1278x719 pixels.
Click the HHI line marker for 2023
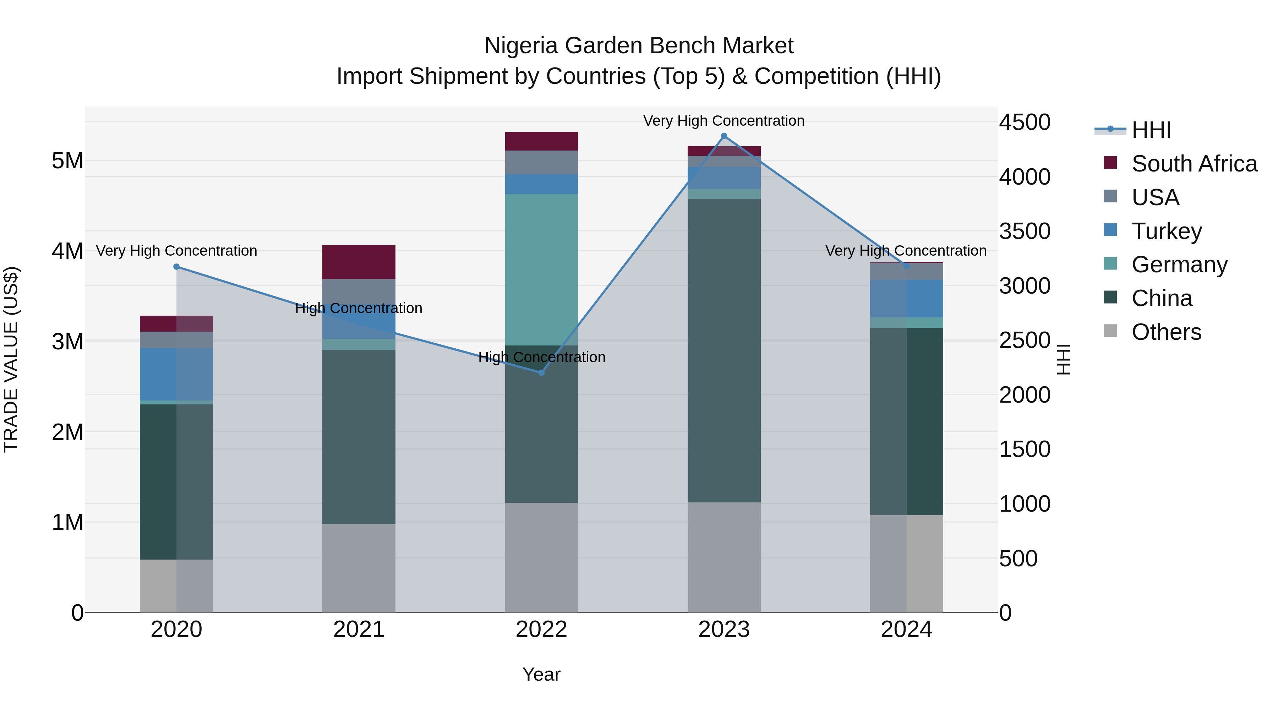pos(724,136)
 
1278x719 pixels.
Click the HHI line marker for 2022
pos(541,373)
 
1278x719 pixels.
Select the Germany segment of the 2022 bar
pos(541,269)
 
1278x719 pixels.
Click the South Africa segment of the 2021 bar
pos(359,262)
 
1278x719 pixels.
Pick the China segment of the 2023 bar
pos(724,350)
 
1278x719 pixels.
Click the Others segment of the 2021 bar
pos(359,568)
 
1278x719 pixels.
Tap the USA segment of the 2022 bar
pos(541,162)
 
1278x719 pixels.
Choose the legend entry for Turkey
pos(1167,231)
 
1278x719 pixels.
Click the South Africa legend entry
pos(1194,164)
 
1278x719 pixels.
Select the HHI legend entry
pos(1151,130)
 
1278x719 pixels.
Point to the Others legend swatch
pos(1110,331)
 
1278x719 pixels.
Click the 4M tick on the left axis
pos(67,251)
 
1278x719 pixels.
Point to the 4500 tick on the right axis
pos(1025,122)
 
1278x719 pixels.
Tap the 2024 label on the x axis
pos(906,630)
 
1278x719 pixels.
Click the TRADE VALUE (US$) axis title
pos(11,359)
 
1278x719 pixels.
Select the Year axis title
pos(541,674)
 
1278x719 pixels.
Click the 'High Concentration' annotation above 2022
pos(541,357)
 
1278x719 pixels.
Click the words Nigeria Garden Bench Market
pos(639,46)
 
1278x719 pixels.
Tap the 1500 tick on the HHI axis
pos(1025,450)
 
